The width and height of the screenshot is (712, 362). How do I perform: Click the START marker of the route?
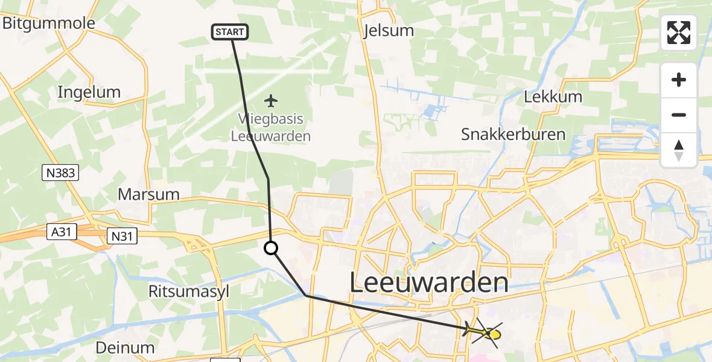[230, 32]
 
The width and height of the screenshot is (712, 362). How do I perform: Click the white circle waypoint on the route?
[271, 247]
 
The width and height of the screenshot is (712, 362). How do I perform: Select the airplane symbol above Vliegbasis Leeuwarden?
[271, 100]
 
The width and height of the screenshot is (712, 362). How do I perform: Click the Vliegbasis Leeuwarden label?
[271, 127]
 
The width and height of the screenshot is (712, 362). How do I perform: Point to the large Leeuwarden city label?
[428, 283]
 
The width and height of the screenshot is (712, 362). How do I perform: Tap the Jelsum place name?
[389, 31]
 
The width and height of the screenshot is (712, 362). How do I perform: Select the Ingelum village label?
[89, 92]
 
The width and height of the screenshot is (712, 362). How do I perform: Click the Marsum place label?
[148, 194]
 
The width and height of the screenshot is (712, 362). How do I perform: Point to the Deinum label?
[125, 348]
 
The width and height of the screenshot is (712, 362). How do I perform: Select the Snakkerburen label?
[513, 134]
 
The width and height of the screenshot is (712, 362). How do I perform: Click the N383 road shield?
[61, 173]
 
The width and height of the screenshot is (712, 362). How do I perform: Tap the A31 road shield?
[62, 231]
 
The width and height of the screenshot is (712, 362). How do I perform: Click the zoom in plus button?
[679, 80]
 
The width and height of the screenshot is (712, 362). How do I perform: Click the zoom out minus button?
[679, 115]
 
